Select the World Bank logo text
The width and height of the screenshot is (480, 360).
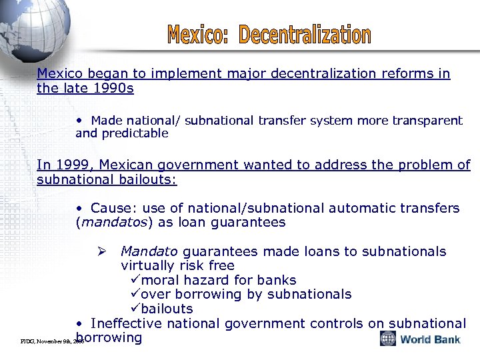point(430,339)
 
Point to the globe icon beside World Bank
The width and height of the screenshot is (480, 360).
point(388,339)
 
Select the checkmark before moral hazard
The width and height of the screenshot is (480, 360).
point(136,280)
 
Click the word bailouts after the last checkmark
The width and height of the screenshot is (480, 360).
point(167,309)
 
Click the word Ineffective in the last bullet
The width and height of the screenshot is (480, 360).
point(126,323)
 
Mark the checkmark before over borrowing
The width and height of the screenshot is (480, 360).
point(136,295)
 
